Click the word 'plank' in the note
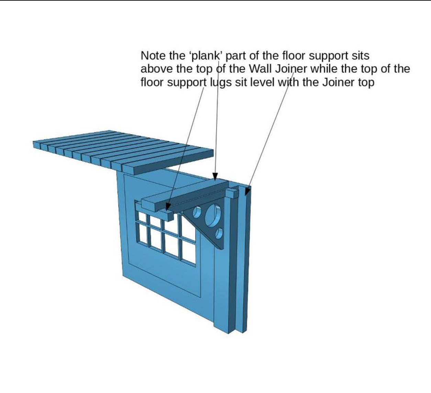point(206,56)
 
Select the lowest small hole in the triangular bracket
point(219,234)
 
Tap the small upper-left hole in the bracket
point(197,212)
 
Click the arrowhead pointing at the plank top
point(215,177)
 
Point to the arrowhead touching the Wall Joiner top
point(247,191)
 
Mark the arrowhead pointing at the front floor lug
point(168,206)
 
